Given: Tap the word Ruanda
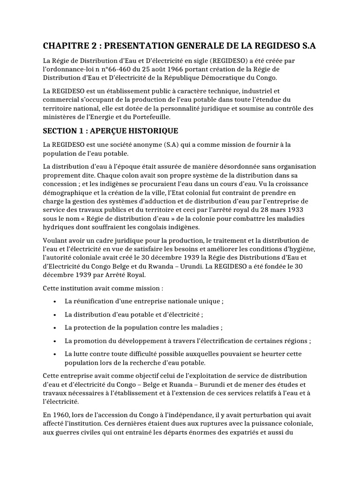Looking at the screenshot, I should (188, 384).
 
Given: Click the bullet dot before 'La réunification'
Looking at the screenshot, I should (55, 301).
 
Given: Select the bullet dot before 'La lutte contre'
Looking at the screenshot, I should (55, 354).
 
